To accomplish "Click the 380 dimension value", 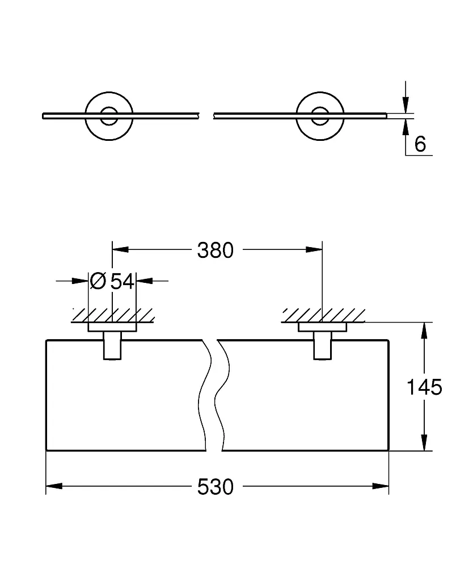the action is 215,250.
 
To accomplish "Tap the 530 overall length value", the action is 215,487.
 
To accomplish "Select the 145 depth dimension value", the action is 424,387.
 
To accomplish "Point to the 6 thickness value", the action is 420,144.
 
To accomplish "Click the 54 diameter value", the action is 123,281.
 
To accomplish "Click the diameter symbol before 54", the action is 98,281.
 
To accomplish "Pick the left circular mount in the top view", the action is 109,116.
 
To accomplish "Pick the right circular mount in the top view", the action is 320,116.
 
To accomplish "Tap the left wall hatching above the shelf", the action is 113,315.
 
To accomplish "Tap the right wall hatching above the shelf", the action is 323,315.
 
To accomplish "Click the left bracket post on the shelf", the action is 112,345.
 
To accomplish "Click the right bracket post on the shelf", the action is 323,345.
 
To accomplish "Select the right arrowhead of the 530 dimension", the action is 381,486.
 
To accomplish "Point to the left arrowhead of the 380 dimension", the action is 121,249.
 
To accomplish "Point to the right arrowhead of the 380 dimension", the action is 314,249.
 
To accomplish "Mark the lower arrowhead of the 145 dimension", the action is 425,442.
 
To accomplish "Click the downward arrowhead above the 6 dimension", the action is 406,105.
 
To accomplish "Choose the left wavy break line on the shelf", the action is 205,395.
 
